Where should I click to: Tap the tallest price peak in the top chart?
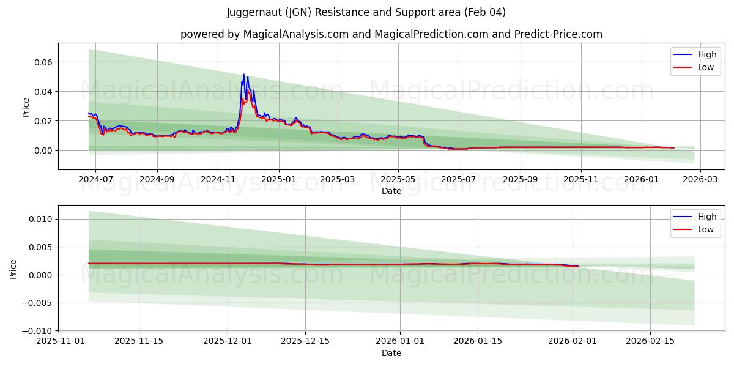pos(243,75)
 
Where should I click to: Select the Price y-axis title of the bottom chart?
pos(13,269)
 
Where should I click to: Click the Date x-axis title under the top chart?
pos(391,191)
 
